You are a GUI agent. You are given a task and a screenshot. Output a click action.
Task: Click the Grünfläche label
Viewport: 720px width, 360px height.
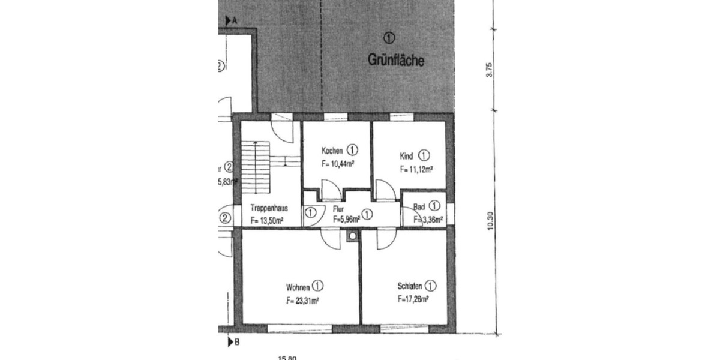396,60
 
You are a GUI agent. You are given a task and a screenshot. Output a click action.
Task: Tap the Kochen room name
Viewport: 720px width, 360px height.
332,151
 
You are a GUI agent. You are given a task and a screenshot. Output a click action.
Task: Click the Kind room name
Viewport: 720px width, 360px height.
407,156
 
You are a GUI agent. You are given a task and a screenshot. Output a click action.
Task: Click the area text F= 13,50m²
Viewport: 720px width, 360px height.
267,221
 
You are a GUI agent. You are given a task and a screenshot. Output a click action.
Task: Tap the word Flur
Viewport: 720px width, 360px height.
337,209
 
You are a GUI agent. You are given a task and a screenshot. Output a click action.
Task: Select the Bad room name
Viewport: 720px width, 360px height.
419,208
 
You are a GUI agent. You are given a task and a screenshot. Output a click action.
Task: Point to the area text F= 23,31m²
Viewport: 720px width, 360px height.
302,299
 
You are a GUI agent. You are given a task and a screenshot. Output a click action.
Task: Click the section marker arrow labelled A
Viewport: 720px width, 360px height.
228,20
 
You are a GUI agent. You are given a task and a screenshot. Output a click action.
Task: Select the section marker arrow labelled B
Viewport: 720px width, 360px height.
230,343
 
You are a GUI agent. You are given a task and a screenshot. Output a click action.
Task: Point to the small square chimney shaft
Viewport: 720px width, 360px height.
352,236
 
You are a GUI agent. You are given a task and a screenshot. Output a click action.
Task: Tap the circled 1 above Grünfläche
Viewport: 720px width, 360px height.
389,38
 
